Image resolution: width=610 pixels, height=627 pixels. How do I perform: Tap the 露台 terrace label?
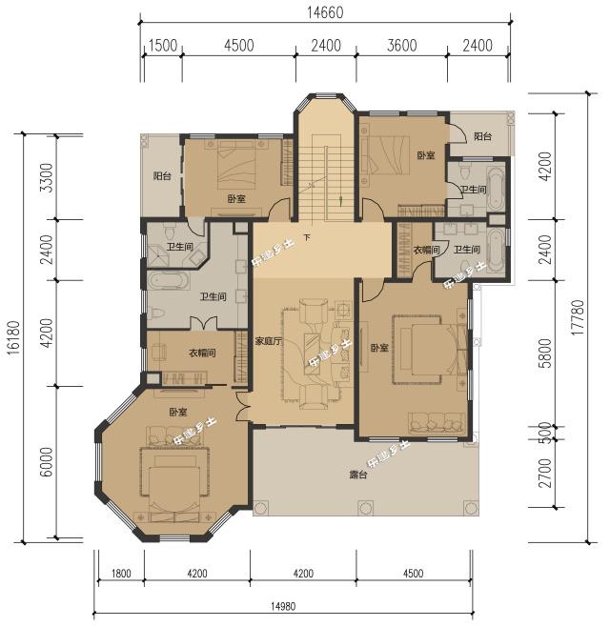pos(358,474)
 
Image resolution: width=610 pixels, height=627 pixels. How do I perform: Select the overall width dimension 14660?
pos(326,12)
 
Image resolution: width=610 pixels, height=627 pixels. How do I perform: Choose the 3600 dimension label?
pos(400,46)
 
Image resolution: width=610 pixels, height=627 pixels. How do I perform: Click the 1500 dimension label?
pos(162,46)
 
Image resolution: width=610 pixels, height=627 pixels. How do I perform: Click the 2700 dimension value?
pos(546,473)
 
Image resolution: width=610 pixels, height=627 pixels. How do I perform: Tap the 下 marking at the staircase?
pos(307,236)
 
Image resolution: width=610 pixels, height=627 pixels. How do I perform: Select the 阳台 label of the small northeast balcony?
pos(482,136)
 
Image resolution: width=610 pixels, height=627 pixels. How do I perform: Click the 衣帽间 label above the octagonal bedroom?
pos(198,352)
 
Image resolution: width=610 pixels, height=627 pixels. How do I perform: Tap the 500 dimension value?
pos(546,430)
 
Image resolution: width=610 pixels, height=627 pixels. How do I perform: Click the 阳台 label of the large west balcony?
pos(162,176)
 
